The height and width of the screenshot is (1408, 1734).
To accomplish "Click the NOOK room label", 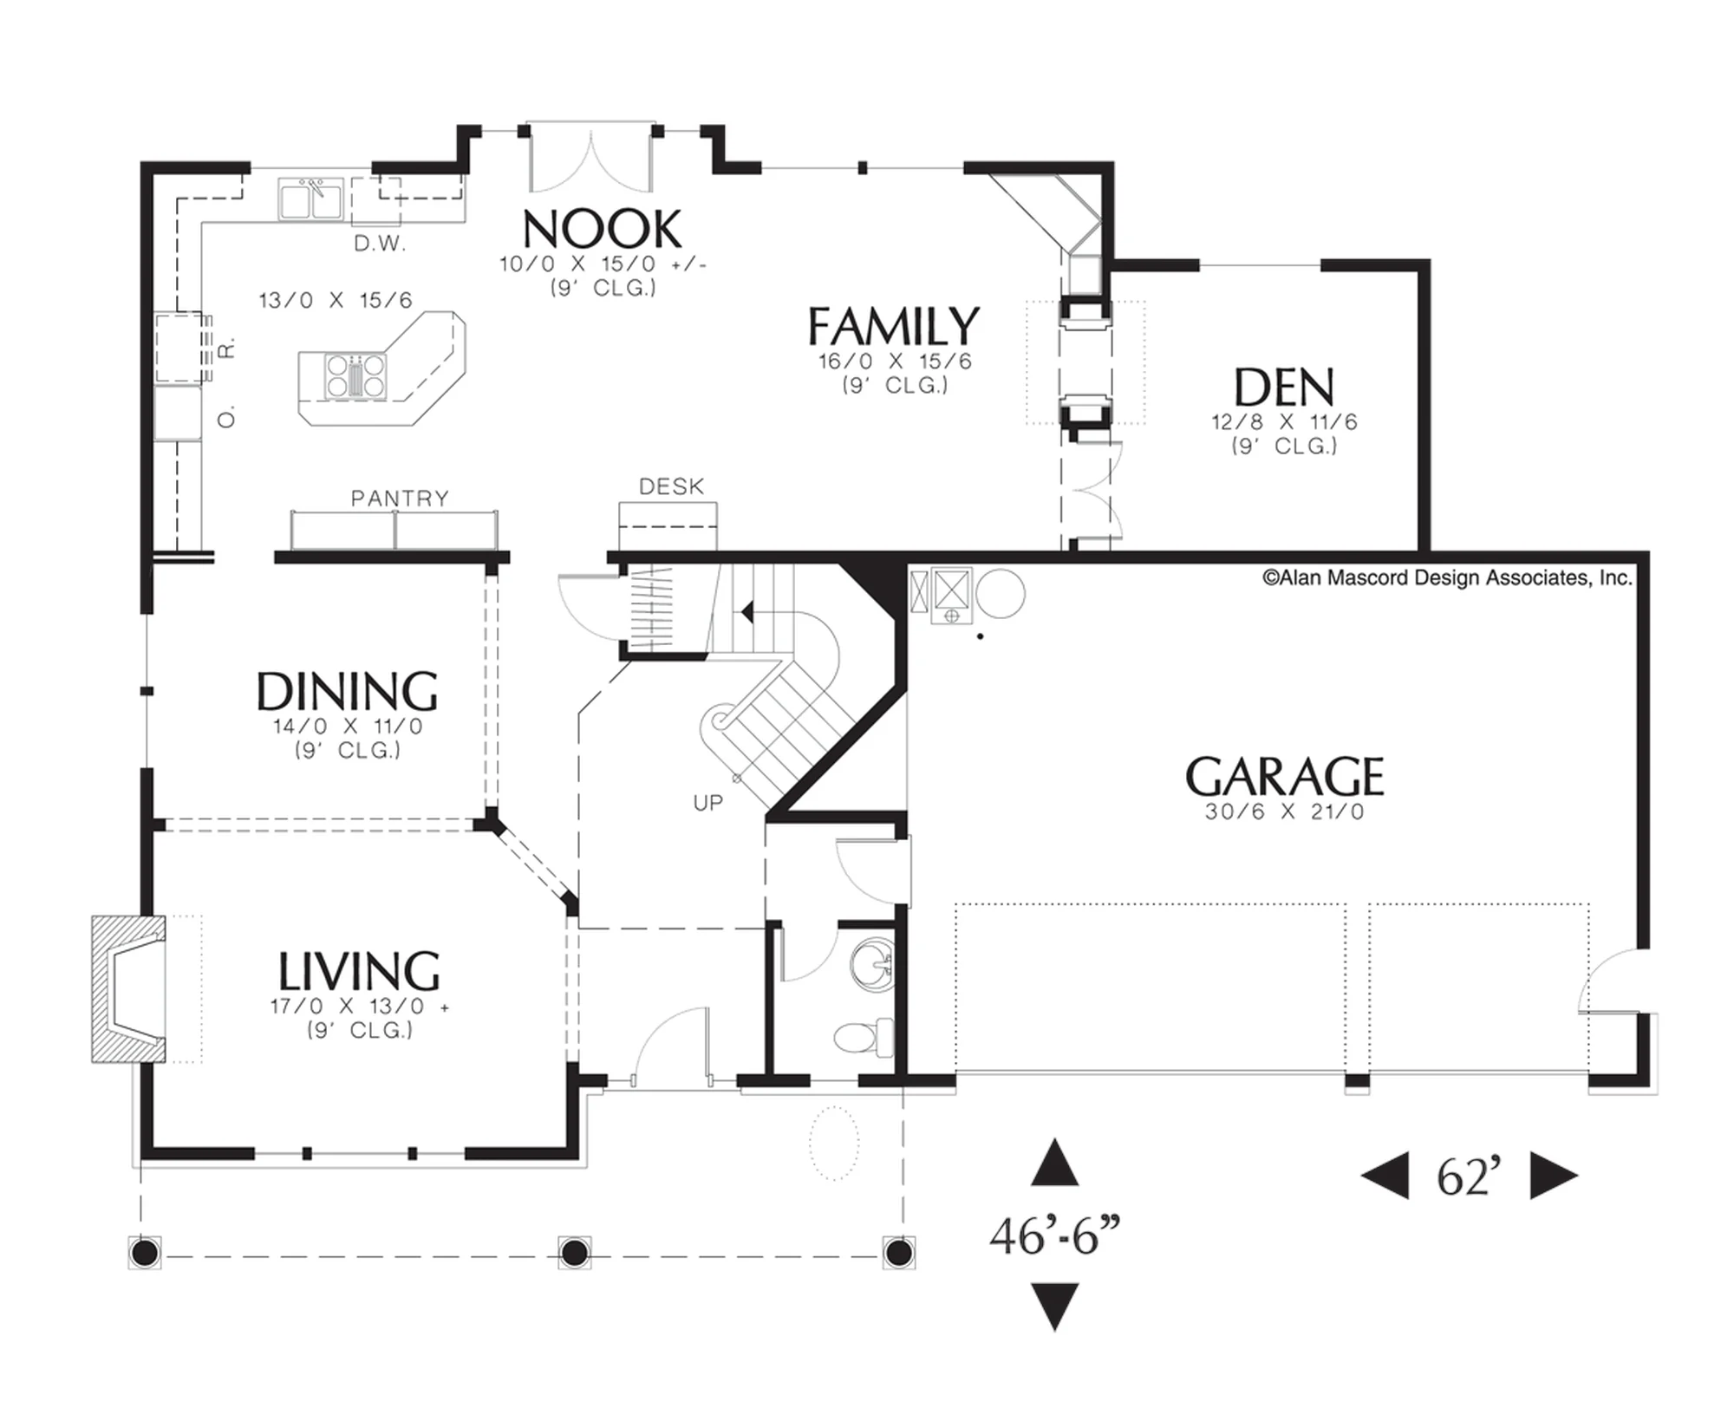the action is click(603, 230).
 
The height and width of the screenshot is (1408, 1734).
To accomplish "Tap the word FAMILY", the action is click(894, 327).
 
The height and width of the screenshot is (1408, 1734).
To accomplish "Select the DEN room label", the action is click(1284, 388).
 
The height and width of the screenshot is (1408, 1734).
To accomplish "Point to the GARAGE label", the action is click(1284, 777).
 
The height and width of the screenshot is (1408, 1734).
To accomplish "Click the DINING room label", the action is click(347, 692).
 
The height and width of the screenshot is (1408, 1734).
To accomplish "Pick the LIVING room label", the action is click(359, 971).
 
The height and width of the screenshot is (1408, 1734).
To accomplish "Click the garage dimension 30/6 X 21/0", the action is click(1284, 812).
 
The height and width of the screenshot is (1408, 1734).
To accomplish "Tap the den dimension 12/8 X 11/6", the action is click(1284, 422).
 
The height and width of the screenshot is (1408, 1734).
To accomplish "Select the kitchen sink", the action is click(310, 199).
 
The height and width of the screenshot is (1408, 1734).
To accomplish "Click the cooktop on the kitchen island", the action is click(355, 376).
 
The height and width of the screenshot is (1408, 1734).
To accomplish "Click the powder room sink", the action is click(871, 964).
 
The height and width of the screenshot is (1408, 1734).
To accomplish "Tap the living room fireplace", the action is click(129, 989).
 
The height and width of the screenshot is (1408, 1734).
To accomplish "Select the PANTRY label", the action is click(400, 499).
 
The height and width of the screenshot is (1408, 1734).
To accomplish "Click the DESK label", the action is click(671, 487).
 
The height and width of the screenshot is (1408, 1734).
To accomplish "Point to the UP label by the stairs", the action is click(707, 803).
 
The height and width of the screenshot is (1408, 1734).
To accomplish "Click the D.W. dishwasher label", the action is click(380, 244).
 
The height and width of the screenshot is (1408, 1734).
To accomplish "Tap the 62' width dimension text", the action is click(1469, 1177).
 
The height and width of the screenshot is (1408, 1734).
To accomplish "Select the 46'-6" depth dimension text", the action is click(1055, 1236).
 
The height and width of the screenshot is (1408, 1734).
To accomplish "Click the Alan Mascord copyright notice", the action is click(1447, 578).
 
